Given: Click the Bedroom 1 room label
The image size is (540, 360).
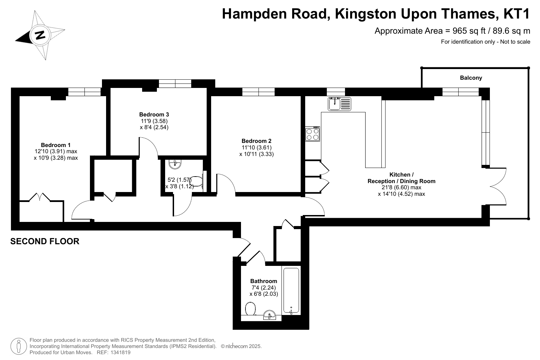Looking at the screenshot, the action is pyautogui.click(x=56, y=145).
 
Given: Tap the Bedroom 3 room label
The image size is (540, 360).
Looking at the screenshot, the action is pyautogui.click(x=154, y=114).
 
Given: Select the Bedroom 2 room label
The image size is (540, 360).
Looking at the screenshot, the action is pyautogui.click(x=256, y=141).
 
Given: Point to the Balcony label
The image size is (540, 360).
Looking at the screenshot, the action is pyautogui.click(x=471, y=78).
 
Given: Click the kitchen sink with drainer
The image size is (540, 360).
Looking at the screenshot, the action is pyautogui.click(x=340, y=104).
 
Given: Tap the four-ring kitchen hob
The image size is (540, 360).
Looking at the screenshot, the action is pyautogui.click(x=312, y=134).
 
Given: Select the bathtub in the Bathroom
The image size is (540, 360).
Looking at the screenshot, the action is pyautogui.click(x=291, y=291).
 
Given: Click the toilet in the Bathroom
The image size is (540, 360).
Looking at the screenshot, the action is pyautogui.click(x=250, y=309).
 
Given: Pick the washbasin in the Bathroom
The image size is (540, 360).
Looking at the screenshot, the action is pyautogui.click(x=269, y=315).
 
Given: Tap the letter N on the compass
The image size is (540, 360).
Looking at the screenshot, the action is pyautogui.click(x=40, y=35).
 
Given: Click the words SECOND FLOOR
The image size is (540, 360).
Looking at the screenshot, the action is pyautogui.click(x=45, y=241).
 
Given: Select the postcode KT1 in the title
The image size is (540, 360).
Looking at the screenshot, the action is pyautogui.click(x=517, y=14).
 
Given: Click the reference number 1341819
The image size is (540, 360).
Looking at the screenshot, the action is pyautogui.click(x=120, y=352).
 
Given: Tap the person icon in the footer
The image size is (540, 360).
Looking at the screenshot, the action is pyautogui.click(x=19, y=346).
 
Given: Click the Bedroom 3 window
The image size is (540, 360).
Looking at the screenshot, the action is pyautogui.click(x=175, y=83).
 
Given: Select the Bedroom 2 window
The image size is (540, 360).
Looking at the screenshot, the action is pyautogui.click(x=258, y=92).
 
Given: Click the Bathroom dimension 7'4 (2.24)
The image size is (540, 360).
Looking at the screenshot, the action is pyautogui.click(x=264, y=288).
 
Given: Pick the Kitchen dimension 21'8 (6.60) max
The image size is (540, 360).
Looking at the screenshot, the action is pyautogui.click(x=401, y=188).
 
